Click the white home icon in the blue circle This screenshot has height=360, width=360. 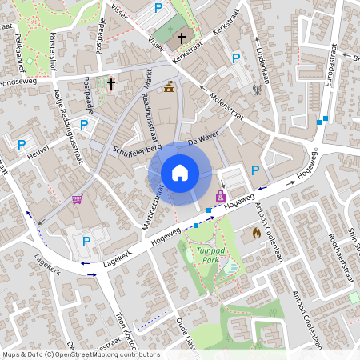point(180,172)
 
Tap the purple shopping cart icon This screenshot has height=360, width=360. point(78,199)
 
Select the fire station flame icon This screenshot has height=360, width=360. point(256,233)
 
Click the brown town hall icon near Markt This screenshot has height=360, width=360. point(168,89)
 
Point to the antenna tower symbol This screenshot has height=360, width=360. point(258,90)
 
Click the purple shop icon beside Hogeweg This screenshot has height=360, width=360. point(221,195)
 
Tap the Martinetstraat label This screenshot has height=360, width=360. point(158,205)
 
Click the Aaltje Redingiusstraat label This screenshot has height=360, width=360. point(69,126)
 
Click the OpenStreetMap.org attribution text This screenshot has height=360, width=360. point(86,354)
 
